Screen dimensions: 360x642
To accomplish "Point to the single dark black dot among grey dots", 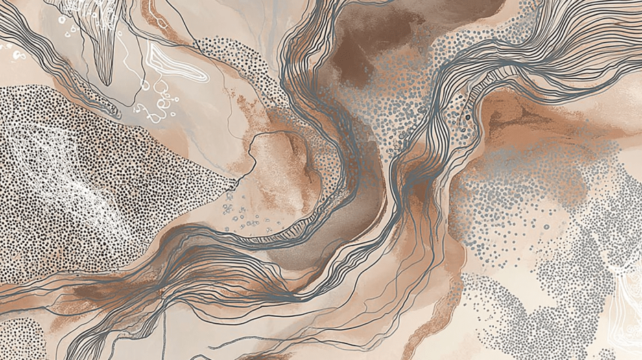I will coord(468,117).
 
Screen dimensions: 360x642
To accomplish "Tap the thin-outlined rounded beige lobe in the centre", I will coord(278,165).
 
